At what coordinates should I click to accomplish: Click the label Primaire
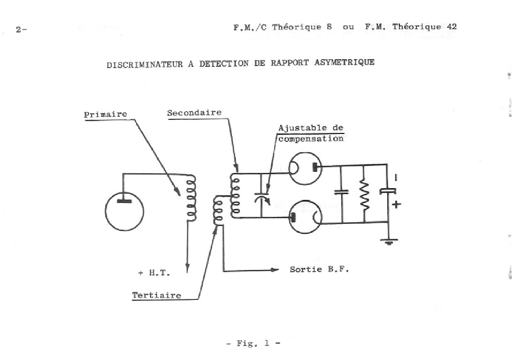click(x=105, y=114)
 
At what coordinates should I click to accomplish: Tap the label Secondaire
click(x=194, y=113)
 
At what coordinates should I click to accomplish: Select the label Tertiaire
click(x=157, y=295)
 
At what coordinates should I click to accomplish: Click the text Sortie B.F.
click(x=319, y=269)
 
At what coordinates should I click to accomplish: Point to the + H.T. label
click(x=154, y=272)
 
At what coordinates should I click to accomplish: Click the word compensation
click(x=311, y=139)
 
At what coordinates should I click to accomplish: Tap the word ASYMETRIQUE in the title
click(x=345, y=62)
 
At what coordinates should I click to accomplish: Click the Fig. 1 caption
click(x=253, y=343)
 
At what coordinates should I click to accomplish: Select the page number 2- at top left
click(x=21, y=29)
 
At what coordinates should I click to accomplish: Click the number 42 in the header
click(x=451, y=27)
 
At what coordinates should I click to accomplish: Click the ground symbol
click(x=389, y=242)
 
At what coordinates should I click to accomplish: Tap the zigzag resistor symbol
click(x=364, y=195)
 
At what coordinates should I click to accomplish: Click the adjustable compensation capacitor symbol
click(x=262, y=198)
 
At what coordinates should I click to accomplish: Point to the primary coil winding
click(x=192, y=198)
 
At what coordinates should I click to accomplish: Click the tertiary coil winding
click(x=218, y=210)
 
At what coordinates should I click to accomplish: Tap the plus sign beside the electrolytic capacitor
click(x=396, y=204)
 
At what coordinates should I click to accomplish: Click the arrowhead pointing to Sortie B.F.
click(x=274, y=270)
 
